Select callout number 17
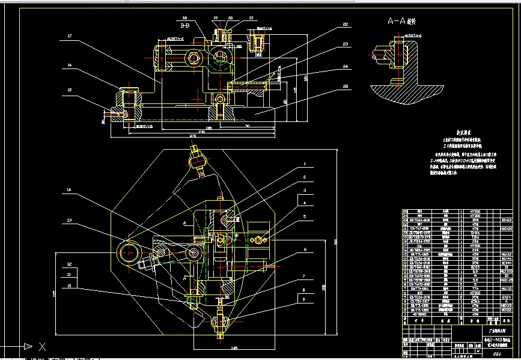(x=70, y=36)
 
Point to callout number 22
(x=345, y=25)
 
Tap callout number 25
(x=345, y=86)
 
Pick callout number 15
(x=70, y=90)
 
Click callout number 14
(x=70, y=191)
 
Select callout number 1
(x=305, y=163)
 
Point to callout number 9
(x=305, y=299)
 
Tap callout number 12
(x=70, y=264)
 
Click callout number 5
(x=305, y=217)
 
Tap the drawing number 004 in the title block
(x=496, y=355)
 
